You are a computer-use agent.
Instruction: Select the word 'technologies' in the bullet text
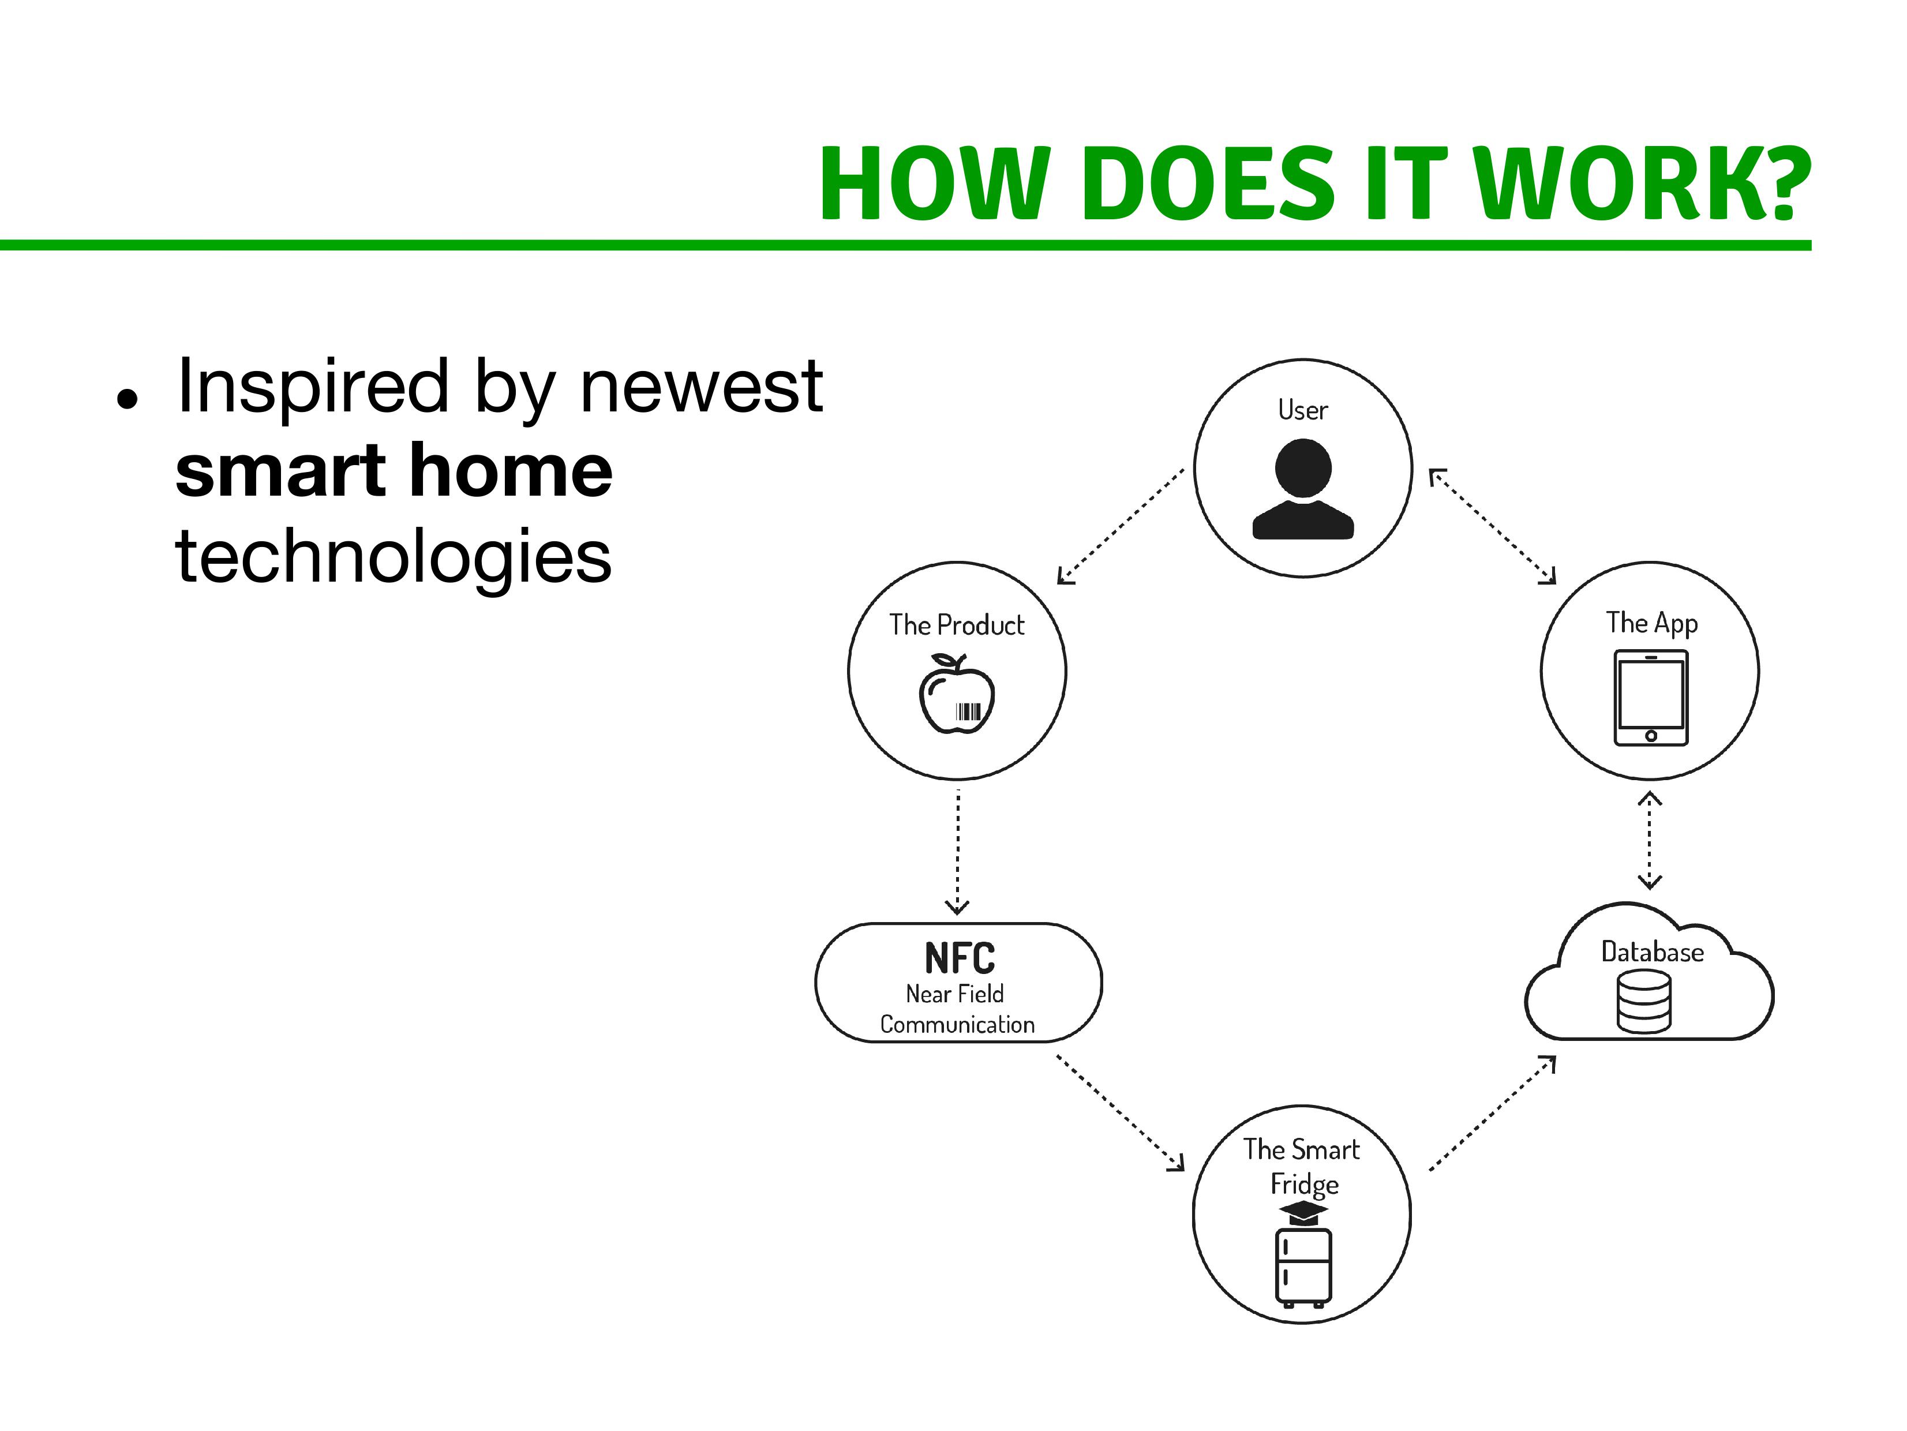click(393, 557)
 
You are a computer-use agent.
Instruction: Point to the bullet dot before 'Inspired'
click(128, 400)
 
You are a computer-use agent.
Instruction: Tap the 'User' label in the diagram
click(1303, 410)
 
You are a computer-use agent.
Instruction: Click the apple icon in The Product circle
click(957, 694)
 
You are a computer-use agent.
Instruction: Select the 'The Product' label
click(957, 625)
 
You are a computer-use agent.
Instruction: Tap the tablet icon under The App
click(1651, 698)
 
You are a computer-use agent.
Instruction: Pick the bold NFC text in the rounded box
click(960, 958)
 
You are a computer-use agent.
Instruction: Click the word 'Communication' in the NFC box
click(957, 1024)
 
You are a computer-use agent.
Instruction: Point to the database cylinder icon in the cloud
click(1644, 1002)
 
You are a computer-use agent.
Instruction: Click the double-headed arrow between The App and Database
click(1649, 841)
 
